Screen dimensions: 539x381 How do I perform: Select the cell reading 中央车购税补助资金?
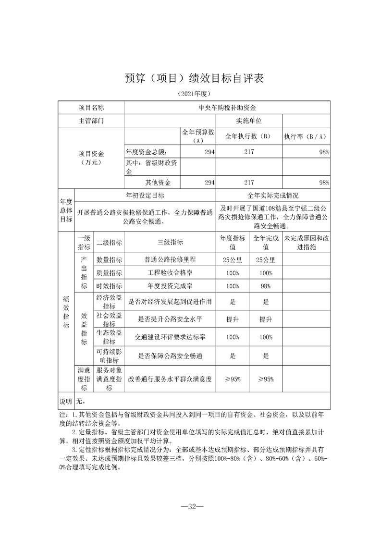pyautogui.click(x=227, y=108)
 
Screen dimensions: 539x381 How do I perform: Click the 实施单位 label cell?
pyautogui.click(x=249, y=121)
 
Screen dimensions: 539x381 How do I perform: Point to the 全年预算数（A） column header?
pyautogui.click(x=198, y=136)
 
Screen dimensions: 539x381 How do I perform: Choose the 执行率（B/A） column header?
pyautogui.click(x=306, y=136)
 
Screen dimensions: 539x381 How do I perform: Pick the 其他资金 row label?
pyautogui.click(x=155, y=183)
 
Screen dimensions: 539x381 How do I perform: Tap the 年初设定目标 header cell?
pyautogui.click(x=145, y=196)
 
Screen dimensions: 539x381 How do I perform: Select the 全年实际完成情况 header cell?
pyautogui.click(x=273, y=196)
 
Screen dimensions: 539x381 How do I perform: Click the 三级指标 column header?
pyautogui.click(x=170, y=242)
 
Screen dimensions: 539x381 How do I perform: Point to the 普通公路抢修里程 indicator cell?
pyautogui.click(x=170, y=260)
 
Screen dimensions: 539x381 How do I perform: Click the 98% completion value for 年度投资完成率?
pyautogui.click(x=266, y=286)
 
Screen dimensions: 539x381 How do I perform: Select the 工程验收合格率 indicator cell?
pyautogui.click(x=170, y=273)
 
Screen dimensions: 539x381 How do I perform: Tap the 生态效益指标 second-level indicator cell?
pyautogui.click(x=109, y=337)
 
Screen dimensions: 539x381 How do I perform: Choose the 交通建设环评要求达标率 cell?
pyautogui.click(x=170, y=337)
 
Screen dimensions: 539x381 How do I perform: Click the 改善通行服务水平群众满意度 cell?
pyautogui.click(x=170, y=379)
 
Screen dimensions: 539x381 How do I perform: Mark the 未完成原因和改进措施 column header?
pyautogui.click(x=306, y=242)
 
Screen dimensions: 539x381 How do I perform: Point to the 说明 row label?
pyautogui.click(x=65, y=401)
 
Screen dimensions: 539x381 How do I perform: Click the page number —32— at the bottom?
pyautogui.click(x=190, y=507)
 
